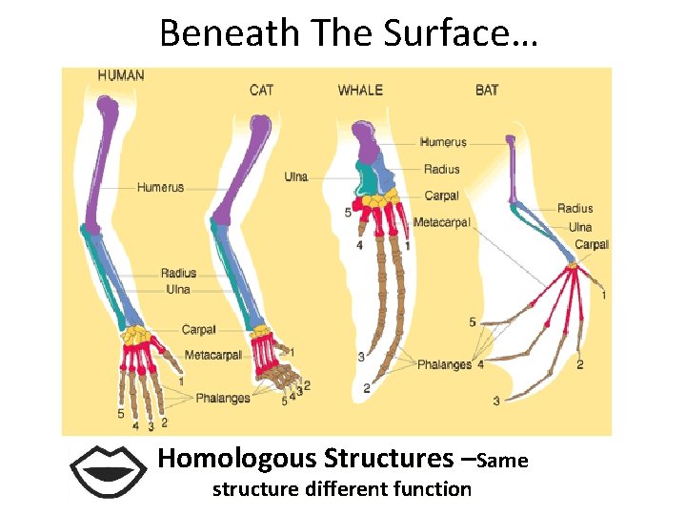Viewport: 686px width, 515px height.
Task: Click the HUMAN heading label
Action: [x=121, y=75]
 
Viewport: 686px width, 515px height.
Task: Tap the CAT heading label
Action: [x=262, y=90]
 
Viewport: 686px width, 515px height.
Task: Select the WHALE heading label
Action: [x=360, y=90]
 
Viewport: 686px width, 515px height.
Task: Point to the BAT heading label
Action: [x=487, y=90]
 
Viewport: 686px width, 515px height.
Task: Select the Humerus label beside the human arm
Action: [x=160, y=187]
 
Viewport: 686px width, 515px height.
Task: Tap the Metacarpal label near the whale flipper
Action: [x=441, y=222]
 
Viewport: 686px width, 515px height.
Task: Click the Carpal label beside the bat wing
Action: [x=592, y=245]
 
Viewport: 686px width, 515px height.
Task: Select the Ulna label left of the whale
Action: [x=296, y=176]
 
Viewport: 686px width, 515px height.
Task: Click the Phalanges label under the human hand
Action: [x=223, y=398]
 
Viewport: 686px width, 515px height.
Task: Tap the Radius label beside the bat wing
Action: [x=575, y=208]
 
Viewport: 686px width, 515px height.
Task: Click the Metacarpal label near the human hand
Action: [x=212, y=355]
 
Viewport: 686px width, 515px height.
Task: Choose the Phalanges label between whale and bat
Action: [x=444, y=364]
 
